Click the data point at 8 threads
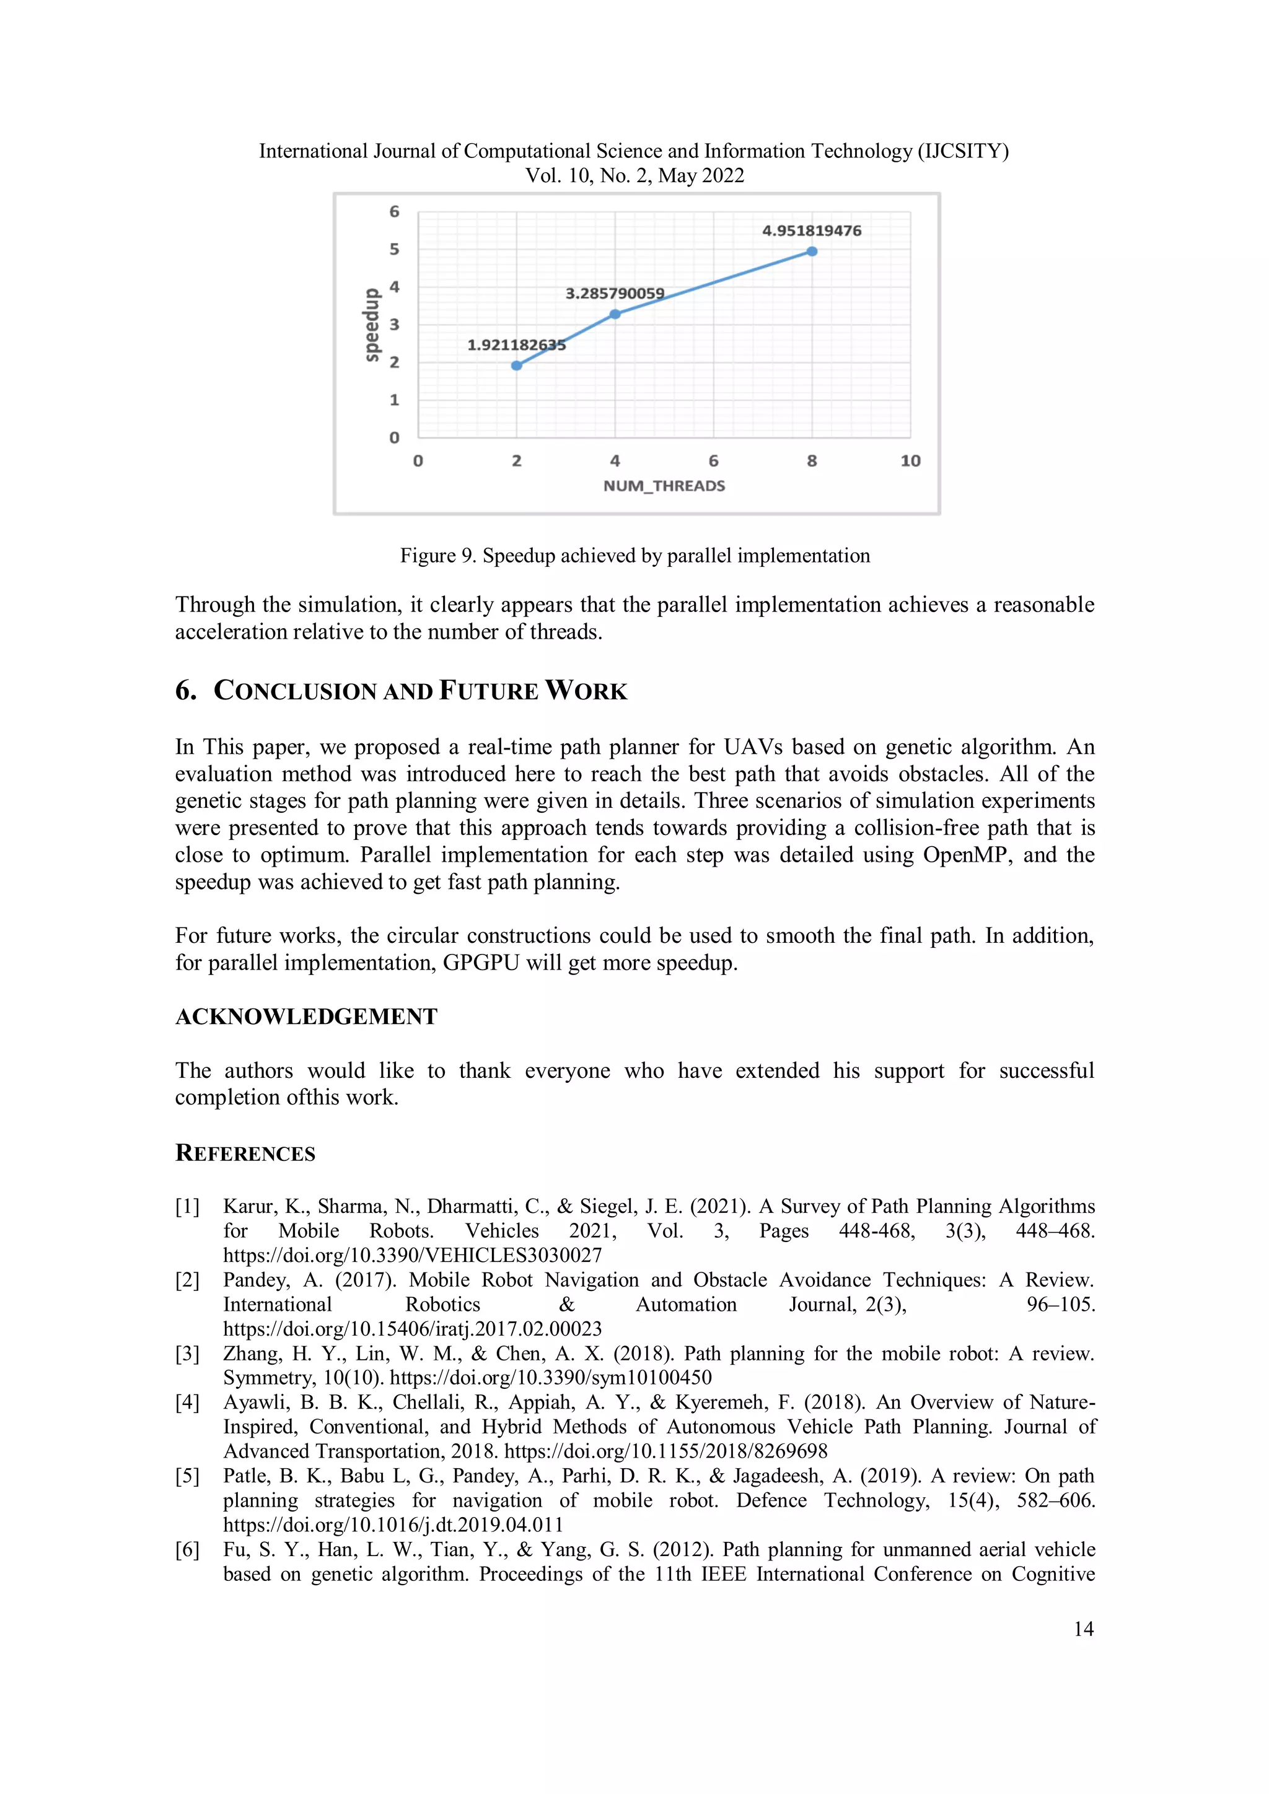tap(812, 252)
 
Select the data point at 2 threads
tap(517, 365)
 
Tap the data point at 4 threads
tap(615, 314)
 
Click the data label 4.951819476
tap(811, 230)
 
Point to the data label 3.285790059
tap(615, 294)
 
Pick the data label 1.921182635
tap(517, 344)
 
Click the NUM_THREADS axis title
tap(664, 486)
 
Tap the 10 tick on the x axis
tap(910, 461)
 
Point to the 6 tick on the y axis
tap(395, 212)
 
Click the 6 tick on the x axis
tap(713, 461)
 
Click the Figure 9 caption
tap(634, 556)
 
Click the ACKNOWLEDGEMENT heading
tap(306, 1017)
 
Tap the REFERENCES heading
tap(245, 1153)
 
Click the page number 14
tap(1083, 1629)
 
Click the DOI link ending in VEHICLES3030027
tap(413, 1256)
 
